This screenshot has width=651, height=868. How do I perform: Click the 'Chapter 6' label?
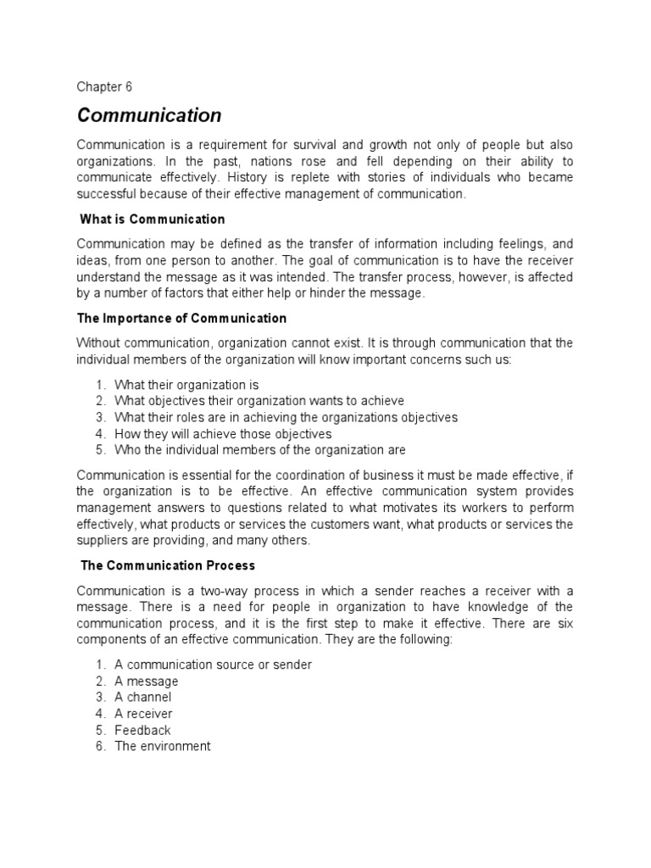tap(104, 86)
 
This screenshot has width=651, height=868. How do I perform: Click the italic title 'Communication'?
tap(149, 114)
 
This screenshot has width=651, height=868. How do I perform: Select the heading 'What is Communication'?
tap(153, 220)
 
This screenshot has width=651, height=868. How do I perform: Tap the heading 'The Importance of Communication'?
tap(182, 319)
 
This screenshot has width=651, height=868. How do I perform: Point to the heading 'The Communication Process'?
tap(168, 565)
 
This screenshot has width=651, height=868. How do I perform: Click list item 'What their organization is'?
tap(186, 385)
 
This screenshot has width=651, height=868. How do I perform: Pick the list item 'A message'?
tap(147, 682)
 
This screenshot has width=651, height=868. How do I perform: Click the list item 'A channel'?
tap(143, 698)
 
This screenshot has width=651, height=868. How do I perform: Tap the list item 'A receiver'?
tap(144, 714)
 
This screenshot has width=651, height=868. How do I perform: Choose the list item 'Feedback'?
tap(142, 730)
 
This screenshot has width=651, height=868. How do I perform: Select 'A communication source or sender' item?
tap(213, 665)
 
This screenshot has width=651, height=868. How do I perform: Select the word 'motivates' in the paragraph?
tap(398, 508)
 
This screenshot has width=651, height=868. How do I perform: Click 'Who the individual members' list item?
tap(259, 450)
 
